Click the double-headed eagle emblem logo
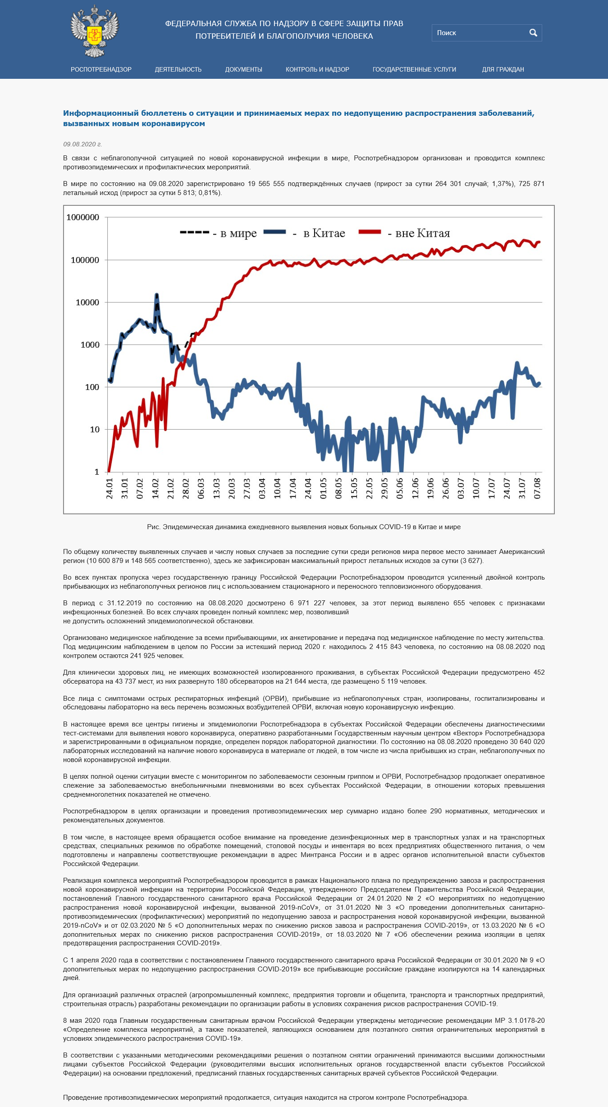(x=95, y=32)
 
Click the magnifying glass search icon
(x=533, y=33)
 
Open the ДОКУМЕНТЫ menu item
(x=243, y=69)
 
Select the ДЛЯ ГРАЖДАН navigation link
(x=503, y=69)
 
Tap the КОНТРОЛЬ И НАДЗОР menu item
(x=317, y=69)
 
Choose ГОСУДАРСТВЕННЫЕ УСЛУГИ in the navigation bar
(x=414, y=69)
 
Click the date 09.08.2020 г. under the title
(x=82, y=144)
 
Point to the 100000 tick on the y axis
(x=85, y=260)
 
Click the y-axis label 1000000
(x=83, y=218)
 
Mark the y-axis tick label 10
(x=95, y=430)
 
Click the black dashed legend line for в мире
(x=194, y=232)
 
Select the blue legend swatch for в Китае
(x=275, y=232)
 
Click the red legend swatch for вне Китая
(x=370, y=232)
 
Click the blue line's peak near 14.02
(x=156, y=295)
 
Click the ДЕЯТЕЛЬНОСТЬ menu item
(x=178, y=69)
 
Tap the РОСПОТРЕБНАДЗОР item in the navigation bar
(x=101, y=69)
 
